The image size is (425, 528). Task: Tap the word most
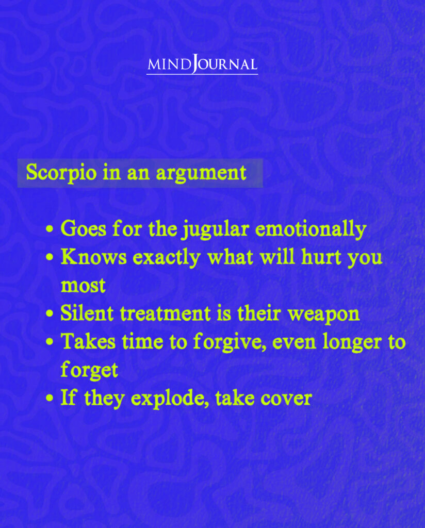(83, 286)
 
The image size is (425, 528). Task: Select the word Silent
(84, 313)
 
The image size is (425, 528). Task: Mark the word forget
(89, 370)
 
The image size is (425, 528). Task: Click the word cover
(289, 399)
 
